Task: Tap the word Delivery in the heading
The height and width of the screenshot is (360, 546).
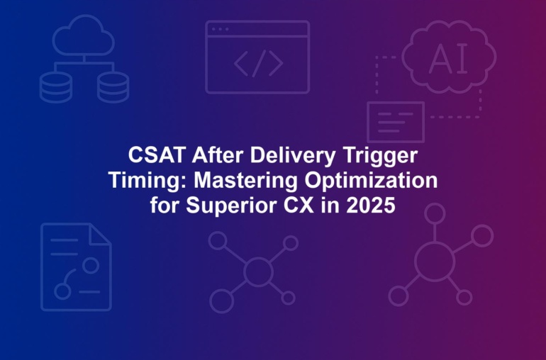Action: pyautogui.click(x=293, y=156)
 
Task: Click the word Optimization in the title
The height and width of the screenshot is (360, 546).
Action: pyautogui.click(x=371, y=181)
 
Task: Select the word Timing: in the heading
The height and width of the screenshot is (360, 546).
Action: pyautogui.click(x=148, y=181)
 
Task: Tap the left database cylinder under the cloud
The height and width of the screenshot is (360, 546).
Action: pyautogui.click(x=56, y=87)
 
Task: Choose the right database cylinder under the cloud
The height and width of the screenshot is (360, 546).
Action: pyautogui.click(x=113, y=87)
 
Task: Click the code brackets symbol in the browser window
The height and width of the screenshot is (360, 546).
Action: pyautogui.click(x=258, y=63)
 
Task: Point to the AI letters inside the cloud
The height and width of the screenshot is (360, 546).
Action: pyautogui.click(x=448, y=60)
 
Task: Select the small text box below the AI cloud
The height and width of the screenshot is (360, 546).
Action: pyautogui.click(x=396, y=122)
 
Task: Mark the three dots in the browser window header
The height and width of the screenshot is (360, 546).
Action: pyautogui.click(x=220, y=29)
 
